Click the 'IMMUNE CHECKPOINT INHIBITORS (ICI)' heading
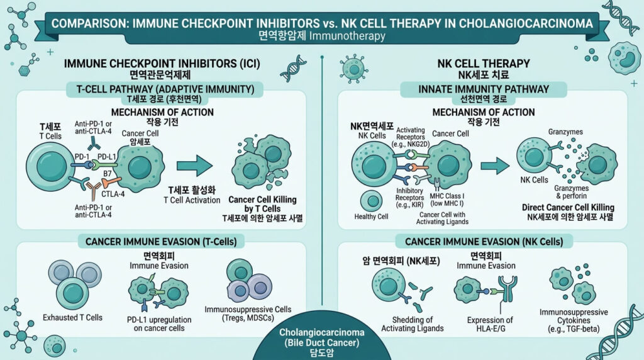pyautogui.click(x=163, y=64)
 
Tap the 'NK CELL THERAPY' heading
pyautogui.click(x=483, y=64)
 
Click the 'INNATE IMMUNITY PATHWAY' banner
pyautogui.click(x=483, y=89)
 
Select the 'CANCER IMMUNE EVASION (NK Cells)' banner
pyautogui.click(x=483, y=241)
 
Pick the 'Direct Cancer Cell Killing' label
pyautogui.click(x=567, y=207)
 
